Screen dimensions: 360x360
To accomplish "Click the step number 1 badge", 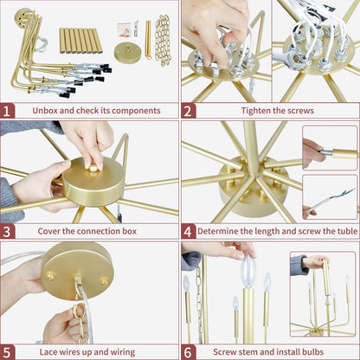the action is (7, 111).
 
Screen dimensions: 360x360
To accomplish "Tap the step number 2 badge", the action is (188, 111).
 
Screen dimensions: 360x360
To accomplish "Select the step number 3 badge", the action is (7, 232).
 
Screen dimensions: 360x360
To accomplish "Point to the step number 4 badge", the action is (188, 232).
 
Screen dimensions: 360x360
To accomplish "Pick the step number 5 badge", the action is (7, 352).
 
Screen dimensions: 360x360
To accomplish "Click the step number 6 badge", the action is (188, 352).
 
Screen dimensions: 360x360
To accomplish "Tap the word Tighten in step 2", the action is (254, 111).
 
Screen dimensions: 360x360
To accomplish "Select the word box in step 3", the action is (130, 231).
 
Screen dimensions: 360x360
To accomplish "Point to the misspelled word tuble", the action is (347, 231).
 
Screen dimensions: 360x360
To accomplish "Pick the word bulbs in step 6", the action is (313, 352).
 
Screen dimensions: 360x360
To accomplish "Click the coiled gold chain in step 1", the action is (163, 40).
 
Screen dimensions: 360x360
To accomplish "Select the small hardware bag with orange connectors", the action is (125, 30).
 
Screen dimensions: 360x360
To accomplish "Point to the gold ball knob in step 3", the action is (93, 168).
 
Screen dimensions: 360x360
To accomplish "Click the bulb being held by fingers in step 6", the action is (248, 272).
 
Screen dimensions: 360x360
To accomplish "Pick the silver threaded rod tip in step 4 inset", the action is (326, 152).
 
